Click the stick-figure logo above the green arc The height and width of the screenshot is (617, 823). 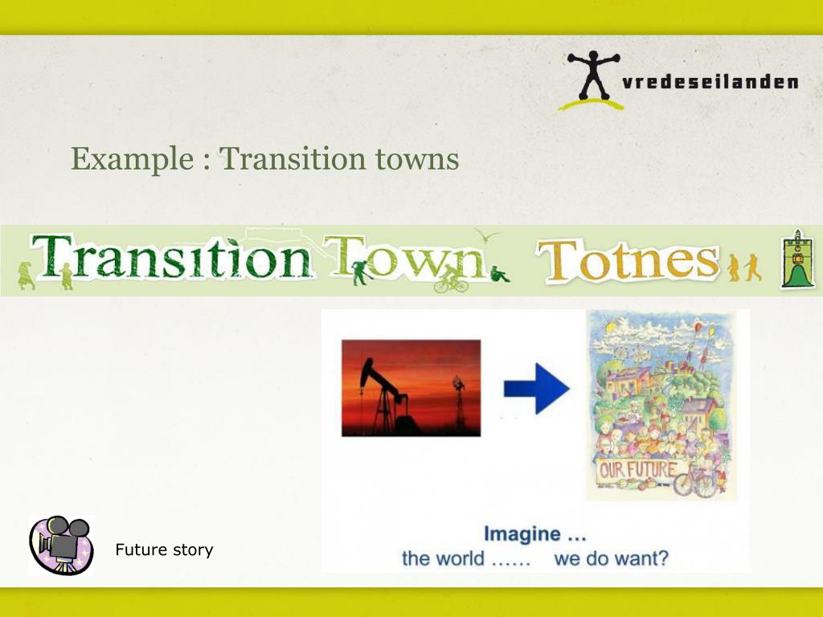point(593,76)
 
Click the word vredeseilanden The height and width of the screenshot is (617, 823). point(710,82)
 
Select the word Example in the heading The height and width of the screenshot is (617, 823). point(128,158)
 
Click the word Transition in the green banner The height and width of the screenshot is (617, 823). point(173,259)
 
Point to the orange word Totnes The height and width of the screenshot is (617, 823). point(627,262)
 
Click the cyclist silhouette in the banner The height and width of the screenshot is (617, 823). point(452,279)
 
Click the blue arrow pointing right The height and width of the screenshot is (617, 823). point(536,389)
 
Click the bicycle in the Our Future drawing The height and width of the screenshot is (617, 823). point(695,484)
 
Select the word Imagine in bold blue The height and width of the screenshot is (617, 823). point(522,533)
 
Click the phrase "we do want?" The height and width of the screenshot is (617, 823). point(611,558)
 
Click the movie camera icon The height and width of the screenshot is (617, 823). point(61,544)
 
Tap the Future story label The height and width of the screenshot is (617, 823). point(164,550)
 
